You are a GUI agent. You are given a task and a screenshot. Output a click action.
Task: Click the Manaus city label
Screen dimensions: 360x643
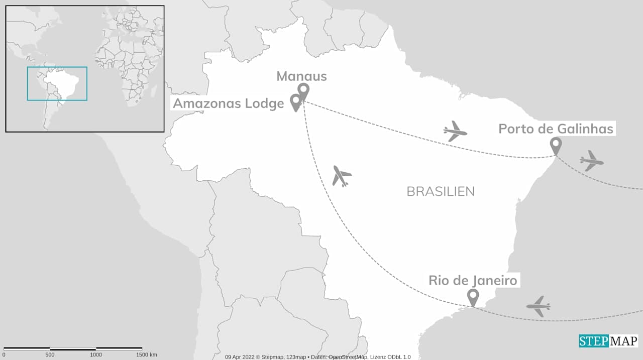coord(301,76)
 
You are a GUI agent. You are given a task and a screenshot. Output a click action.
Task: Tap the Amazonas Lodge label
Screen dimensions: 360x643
coord(229,103)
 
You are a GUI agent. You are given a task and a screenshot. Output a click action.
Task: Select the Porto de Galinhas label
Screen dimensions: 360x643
coord(556,129)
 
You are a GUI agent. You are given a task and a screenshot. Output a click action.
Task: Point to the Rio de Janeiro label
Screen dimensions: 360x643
coord(473,280)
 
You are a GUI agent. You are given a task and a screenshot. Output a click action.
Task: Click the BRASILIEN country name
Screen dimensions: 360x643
coord(441,191)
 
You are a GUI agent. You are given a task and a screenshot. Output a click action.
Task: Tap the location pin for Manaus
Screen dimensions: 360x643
coord(303,91)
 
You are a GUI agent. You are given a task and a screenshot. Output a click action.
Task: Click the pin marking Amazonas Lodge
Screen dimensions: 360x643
coord(296,102)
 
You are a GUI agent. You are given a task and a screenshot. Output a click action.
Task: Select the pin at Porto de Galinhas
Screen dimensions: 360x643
coord(556,146)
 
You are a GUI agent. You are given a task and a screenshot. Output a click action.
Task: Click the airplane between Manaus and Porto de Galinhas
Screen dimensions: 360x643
coord(455,131)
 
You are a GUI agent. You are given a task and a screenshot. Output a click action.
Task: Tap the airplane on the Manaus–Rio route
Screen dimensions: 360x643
coord(342,176)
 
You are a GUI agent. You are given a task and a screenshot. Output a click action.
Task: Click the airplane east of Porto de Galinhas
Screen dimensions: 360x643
coord(591,161)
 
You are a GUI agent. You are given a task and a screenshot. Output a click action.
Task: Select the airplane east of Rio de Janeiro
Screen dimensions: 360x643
coord(538,306)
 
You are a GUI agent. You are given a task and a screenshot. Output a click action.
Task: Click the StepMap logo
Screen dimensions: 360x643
coord(608,341)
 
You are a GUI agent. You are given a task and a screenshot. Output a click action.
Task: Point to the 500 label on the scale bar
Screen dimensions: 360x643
coord(50,354)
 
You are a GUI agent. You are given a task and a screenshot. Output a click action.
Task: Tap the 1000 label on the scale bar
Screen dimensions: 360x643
coord(96,354)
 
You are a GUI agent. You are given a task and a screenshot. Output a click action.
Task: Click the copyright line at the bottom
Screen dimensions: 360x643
coord(317,357)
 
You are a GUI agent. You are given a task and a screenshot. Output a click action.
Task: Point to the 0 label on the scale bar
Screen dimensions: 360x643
coord(4,354)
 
